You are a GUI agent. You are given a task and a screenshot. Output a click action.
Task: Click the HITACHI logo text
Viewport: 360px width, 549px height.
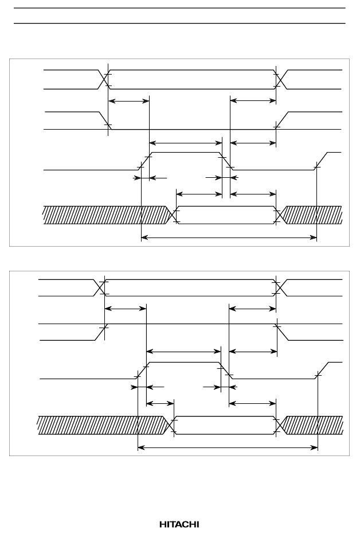pyautogui.click(x=179, y=524)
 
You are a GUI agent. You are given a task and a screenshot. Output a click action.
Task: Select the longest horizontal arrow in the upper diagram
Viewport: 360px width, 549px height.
pyautogui.click(x=229, y=237)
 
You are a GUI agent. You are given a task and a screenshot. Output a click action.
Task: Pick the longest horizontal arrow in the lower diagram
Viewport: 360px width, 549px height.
pyautogui.click(x=228, y=447)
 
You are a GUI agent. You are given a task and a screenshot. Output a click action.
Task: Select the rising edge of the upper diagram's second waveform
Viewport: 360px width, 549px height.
pyautogui.click(x=282, y=121)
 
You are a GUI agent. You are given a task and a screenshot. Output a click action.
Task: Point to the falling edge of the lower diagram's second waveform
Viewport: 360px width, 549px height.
pyautogui.click(x=283, y=332)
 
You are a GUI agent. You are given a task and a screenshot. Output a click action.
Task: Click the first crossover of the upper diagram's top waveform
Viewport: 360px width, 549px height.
pyautogui.click(x=104, y=80)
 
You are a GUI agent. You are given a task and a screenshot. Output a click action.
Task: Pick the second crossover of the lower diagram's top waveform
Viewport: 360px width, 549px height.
pyautogui.click(x=280, y=288)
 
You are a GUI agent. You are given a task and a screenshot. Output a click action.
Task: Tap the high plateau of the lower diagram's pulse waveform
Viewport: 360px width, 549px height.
pyautogui.click(x=185, y=362)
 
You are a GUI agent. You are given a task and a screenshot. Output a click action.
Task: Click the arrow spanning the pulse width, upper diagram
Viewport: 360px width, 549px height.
pyautogui.click(x=186, y=143)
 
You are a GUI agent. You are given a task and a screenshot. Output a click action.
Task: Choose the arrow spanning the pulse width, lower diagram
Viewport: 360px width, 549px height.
pyautogui.click(x=183, y=351)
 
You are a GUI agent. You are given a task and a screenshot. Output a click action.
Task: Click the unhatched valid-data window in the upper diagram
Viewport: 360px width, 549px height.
pyautogui.click(x=226, y=215)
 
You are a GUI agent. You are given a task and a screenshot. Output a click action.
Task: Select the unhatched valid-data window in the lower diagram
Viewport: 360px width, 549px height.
pyautogui.click(x=225, y=425)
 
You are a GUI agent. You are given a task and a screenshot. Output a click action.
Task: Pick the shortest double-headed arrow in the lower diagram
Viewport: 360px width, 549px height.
pyautogui.click(x=160, y=403)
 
